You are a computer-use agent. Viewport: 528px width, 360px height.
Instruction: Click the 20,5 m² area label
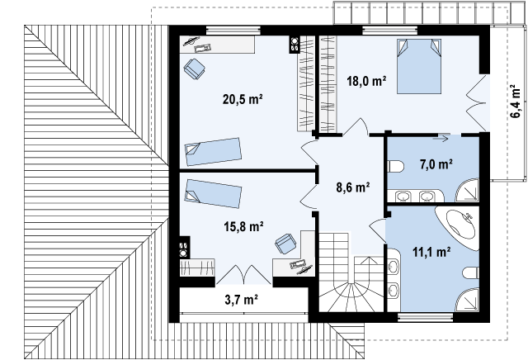click(243, 99)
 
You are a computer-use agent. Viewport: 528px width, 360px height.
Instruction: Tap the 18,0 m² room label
click(366, 81)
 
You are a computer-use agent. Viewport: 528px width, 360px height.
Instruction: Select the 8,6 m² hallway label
click(353, 187)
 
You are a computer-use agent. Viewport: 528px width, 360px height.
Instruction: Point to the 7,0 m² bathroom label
click(436, 164)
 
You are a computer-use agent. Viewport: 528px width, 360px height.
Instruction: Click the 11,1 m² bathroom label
click(431, 252)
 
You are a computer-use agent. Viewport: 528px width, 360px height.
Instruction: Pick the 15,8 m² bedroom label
click(243, 226)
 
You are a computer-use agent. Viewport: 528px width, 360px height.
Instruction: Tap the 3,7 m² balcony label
click(241, 300)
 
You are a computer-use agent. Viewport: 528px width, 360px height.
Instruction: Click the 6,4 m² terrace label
click(516, 101)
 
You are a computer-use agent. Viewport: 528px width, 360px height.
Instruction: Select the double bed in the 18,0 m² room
click(419, 66)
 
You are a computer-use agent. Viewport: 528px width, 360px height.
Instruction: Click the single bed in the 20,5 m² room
click(213, 151)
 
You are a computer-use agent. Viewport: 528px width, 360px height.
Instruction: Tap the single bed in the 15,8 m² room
click(213, 193)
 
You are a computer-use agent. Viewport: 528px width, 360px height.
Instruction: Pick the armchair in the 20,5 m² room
click(195, 69)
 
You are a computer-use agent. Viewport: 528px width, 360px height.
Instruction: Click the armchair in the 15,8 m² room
click(285, 244)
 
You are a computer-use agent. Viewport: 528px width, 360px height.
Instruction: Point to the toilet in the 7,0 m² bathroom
click(396, 166)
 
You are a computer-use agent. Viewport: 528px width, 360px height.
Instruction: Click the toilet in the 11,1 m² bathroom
click(471, 272)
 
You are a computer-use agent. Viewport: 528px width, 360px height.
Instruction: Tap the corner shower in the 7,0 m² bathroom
click(468, 191)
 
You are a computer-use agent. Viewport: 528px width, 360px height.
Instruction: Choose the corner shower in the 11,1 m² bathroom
click(468, 300)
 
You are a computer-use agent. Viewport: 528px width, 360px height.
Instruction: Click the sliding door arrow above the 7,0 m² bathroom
click(441, 138)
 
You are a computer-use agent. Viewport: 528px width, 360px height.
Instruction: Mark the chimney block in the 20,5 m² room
click(294, 45)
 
